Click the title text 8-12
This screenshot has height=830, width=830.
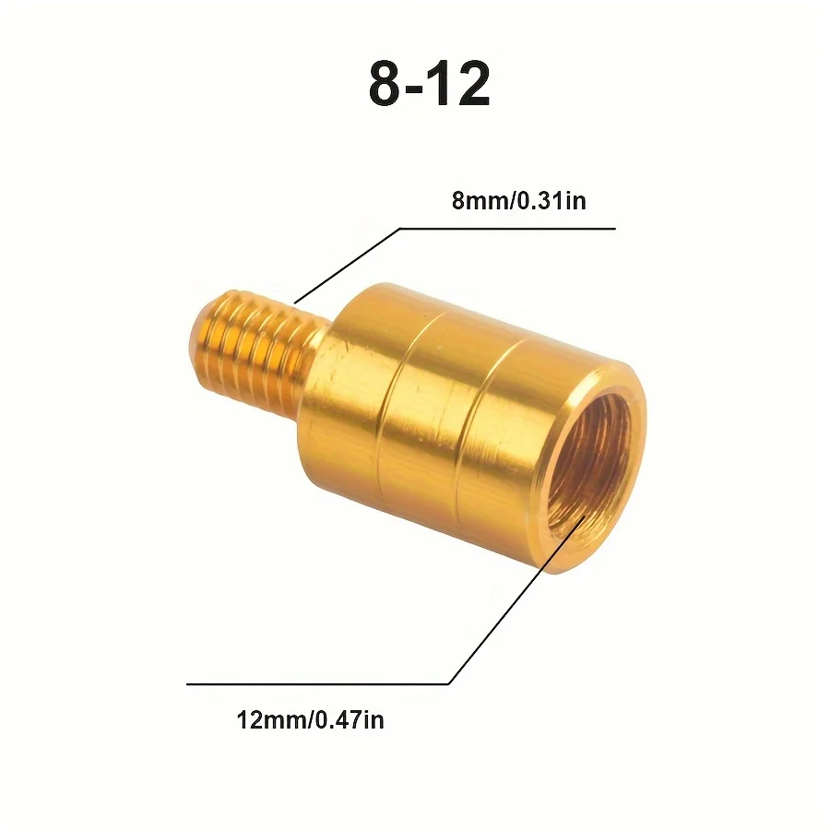pos(430,85)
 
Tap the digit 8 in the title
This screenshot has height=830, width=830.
pos(386,85)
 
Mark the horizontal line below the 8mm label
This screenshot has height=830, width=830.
pos(507,228)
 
